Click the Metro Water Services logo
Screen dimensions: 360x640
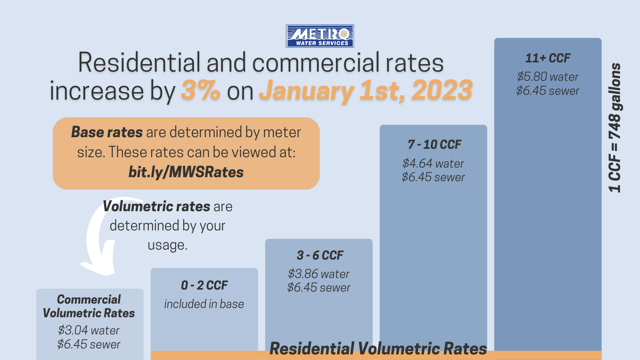tap(320, 36)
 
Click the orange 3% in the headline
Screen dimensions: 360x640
tap(200, 90)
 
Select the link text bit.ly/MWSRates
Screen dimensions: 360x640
tap(186, 172)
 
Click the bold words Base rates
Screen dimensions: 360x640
tap(107, 132)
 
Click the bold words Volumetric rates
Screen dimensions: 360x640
tap(156, 206)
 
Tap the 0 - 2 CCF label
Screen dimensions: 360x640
tap(204, 285)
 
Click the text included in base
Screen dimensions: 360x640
tap(204, 304)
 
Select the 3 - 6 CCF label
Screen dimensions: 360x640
tap(320, 255)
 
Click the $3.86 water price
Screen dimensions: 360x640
tap(318, 274)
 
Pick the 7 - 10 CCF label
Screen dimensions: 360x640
tap(434, 144)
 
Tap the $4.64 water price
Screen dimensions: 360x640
tap(433, 163)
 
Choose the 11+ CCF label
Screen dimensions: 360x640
tap(548, 58)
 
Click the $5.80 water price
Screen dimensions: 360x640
tap(548, 77)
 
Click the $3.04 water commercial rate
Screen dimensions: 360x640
tap(88, 330)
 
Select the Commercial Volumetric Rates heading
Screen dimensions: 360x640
tap(89, 306)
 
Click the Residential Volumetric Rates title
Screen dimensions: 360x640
tap(378, 348)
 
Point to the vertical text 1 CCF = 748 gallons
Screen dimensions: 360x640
tap(615, 128)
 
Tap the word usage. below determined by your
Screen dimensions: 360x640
tap(167, 245)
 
